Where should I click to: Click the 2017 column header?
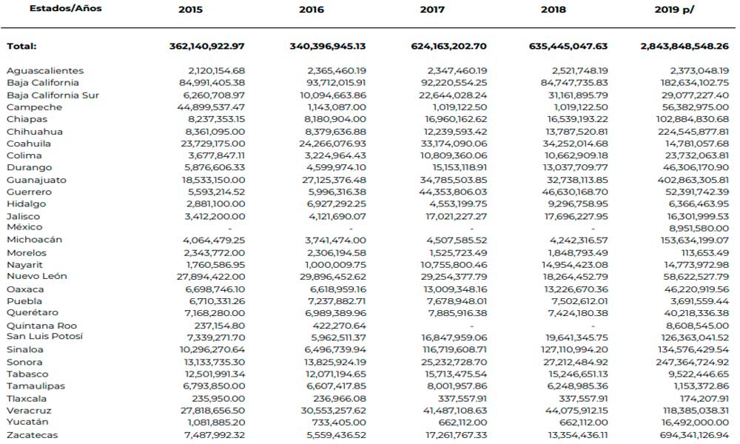click(432, 10)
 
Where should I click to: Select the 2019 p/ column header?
click(674, 10)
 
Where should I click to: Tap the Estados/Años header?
click(66, 8)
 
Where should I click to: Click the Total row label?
click(21, 46)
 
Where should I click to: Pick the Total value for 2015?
click(207, 46)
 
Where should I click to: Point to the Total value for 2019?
click(684, 46)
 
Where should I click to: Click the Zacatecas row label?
click(32, 435)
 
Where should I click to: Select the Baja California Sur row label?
click(53, 95)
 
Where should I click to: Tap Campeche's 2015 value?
click(211, 107)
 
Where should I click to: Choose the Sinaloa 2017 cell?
click(455, 349)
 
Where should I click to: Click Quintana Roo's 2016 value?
click(340, 326)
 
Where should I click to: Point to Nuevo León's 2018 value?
click(575, 277)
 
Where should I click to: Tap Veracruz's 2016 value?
click(334, 411)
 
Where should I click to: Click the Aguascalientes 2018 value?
click(580, 71)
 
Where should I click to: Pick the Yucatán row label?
click(27, 422)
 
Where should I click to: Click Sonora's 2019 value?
click(693, 363)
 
